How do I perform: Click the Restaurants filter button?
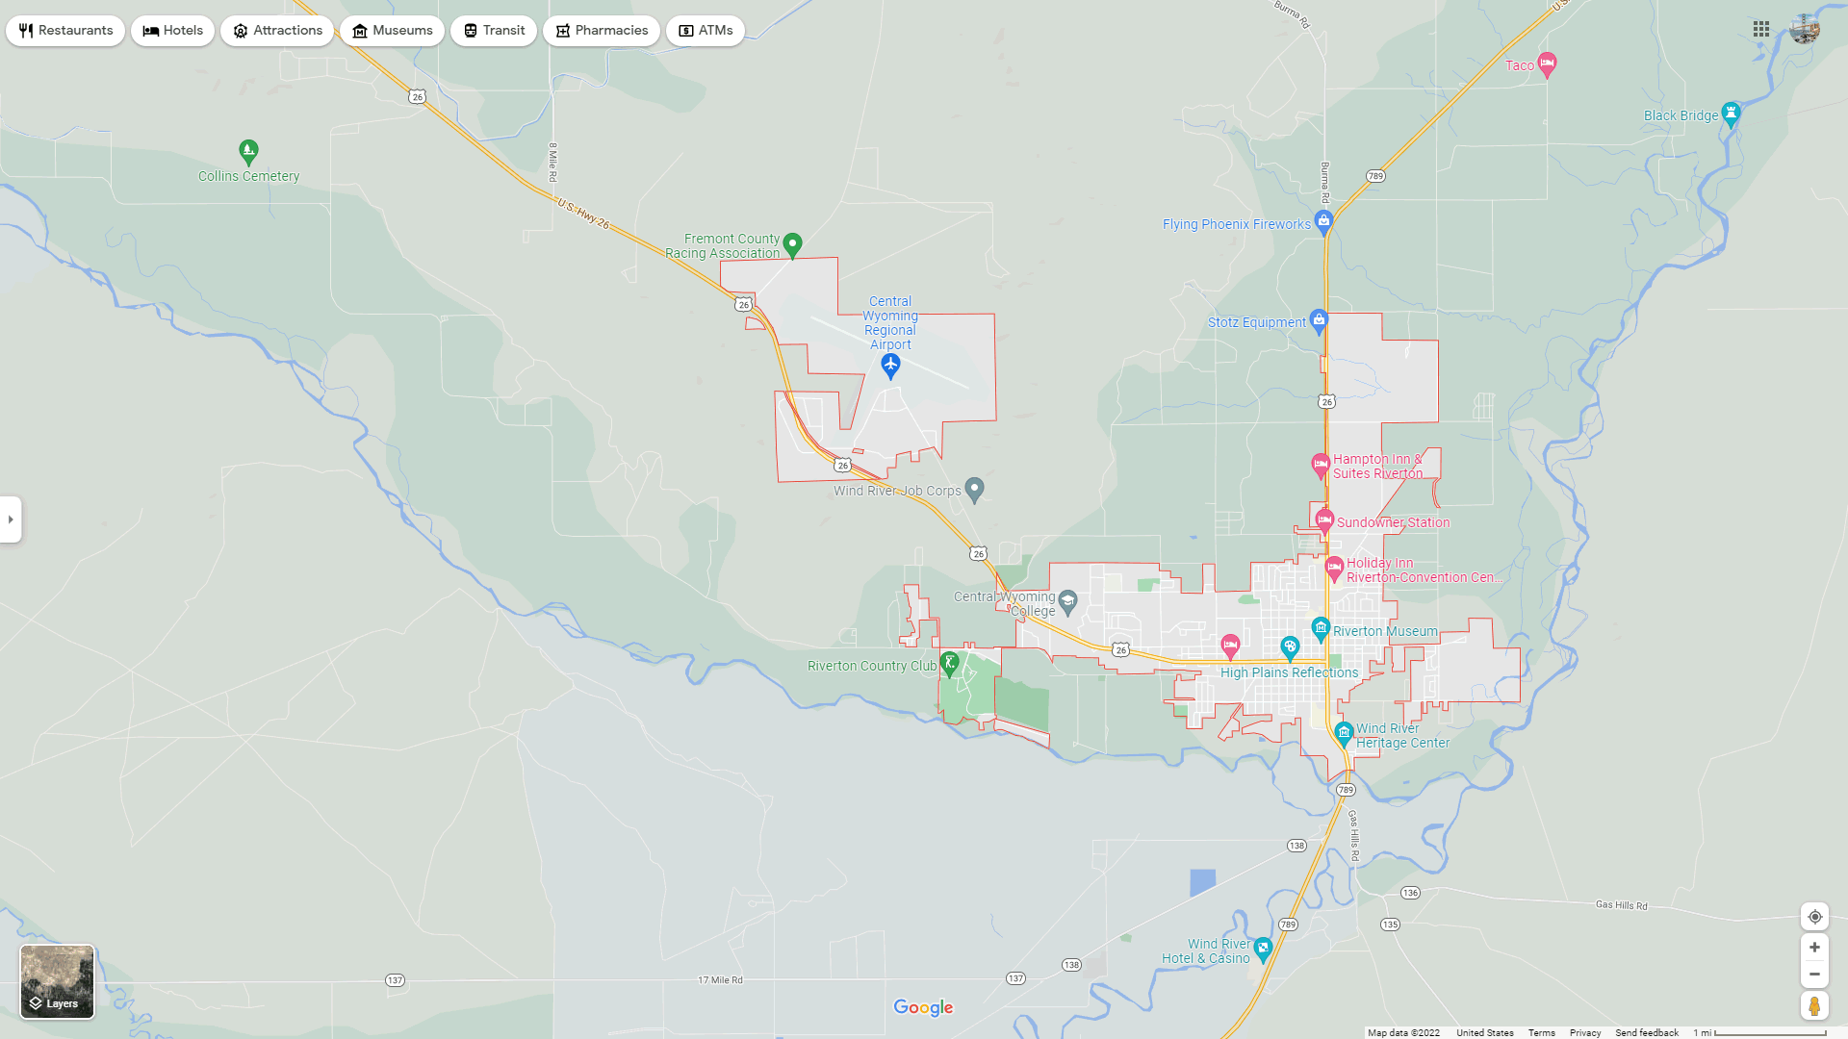65,31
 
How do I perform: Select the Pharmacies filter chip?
601,31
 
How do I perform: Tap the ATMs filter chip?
705,31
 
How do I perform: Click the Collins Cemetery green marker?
248,151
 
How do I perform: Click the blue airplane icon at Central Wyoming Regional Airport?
890,366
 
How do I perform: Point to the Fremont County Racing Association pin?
792,244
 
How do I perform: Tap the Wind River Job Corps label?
897,491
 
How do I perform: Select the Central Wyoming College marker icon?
1067,601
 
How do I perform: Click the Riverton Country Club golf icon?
949,663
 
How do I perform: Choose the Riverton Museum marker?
1321,629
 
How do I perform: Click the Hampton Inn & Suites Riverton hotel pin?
1321,465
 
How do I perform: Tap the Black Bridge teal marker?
1731,114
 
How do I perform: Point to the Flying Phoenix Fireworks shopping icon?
1323,222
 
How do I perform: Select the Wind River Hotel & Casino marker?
1263,949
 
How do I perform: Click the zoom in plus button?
1814,948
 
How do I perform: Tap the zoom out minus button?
1814,975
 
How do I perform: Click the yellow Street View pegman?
1814,1006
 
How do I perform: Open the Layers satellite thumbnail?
58,981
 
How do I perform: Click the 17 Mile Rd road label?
720,980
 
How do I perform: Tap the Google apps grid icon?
1761,30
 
